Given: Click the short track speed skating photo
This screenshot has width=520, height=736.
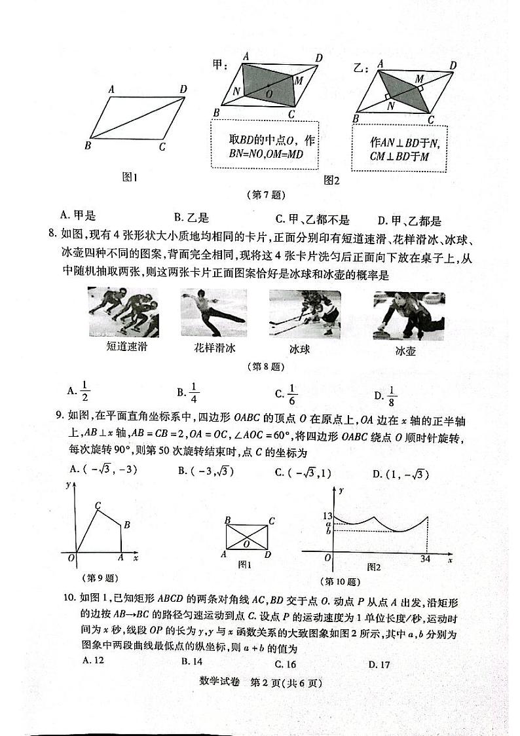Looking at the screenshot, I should (x=123, y=312).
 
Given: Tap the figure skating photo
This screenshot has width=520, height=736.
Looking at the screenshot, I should (x=214, y=312).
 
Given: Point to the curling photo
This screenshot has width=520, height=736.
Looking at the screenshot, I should (x=409, y=315).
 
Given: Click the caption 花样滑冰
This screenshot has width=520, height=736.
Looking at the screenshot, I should (x=214, y=347).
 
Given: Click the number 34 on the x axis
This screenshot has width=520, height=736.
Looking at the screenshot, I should (x=427, y=558).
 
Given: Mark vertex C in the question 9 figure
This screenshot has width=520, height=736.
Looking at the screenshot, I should (x=98, y=506).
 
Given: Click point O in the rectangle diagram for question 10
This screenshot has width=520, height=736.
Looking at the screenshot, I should (x=246, y=543).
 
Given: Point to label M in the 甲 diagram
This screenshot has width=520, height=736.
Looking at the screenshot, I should (x=298, y=81).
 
